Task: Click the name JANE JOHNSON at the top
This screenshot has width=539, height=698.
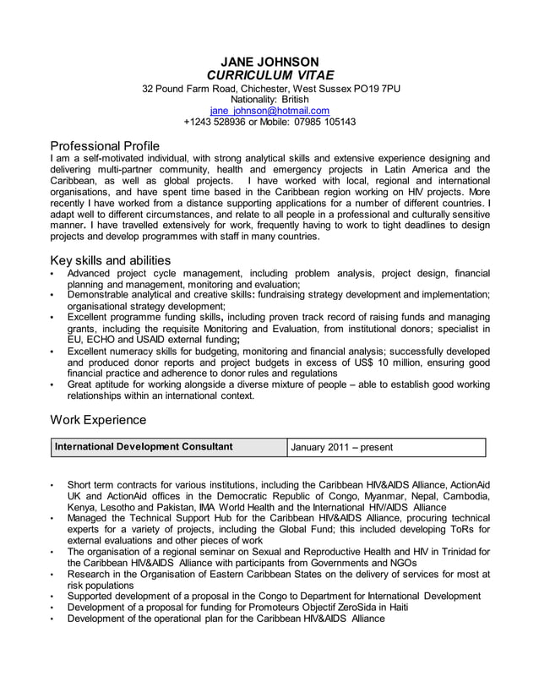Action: pyautogui.click(x=269, y=62)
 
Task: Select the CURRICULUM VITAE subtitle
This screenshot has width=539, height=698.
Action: pyautogui.click(x=269, y=75)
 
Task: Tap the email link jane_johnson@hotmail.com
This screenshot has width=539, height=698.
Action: pyautogui.click(x=269, y=111)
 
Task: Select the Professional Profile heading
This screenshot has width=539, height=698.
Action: pyautogui.click(x=105, y=145)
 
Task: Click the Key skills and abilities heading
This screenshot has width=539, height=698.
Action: pyautogui.click(x=111, y=260)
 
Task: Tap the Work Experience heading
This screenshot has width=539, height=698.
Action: pyautogui.click(x=98, y=419)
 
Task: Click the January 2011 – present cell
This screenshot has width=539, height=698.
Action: pyautogui.click(x=342, y=447)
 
